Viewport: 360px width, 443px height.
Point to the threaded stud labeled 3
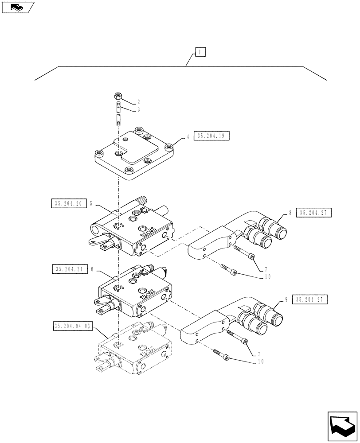tap(119, 114)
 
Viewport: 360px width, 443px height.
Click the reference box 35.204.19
tap(211, 137)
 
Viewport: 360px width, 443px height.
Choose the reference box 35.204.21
tap(69, 269)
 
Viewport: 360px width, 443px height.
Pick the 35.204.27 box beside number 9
tap(310, 300)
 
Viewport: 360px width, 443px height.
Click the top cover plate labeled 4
tap(133, 155)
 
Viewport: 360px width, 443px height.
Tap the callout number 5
tap(91, 204)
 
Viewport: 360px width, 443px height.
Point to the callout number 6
tap(91, 269)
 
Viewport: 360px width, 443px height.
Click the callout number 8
tap(290, 213)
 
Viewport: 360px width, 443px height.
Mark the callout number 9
tap(286, 300)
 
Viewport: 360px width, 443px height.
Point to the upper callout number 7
tap(266, 269)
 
